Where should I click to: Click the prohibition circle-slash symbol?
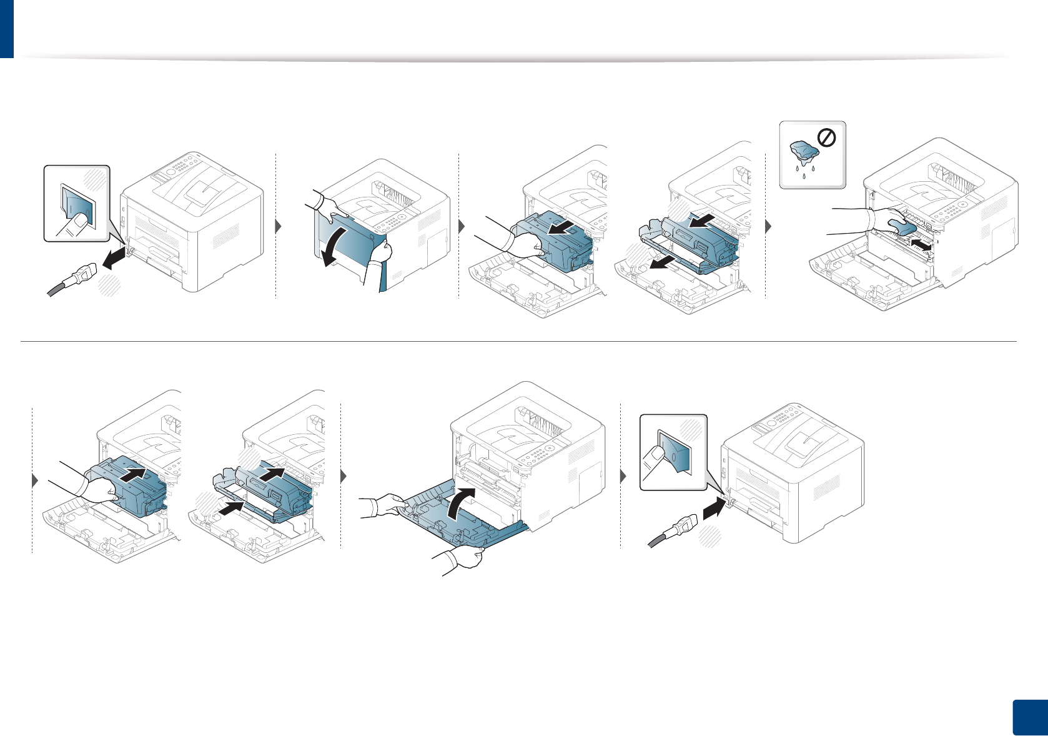coord(826,137)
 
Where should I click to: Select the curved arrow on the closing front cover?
coord(462,503)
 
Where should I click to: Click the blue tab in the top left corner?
coord(6,28)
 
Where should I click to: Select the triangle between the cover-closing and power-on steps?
coord(623,477)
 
